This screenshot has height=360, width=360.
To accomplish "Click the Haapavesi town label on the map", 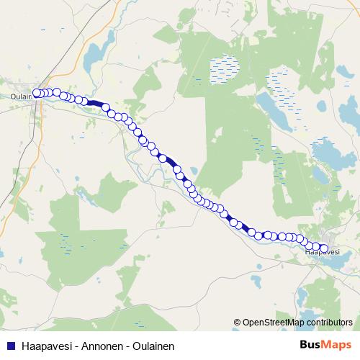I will [x=322, y=252].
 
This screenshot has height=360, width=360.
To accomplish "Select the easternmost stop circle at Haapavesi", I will [x=323, y=249].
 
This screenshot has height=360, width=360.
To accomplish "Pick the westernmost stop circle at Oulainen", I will [x=36, y=93].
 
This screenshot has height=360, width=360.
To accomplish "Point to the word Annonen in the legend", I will [x=96, y=346].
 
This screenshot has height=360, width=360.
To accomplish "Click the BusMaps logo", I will [x=325, y=345].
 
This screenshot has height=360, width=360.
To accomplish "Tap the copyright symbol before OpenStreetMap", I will [x=238, y=322].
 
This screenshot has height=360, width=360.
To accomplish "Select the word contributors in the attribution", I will [x=330, y=322].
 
